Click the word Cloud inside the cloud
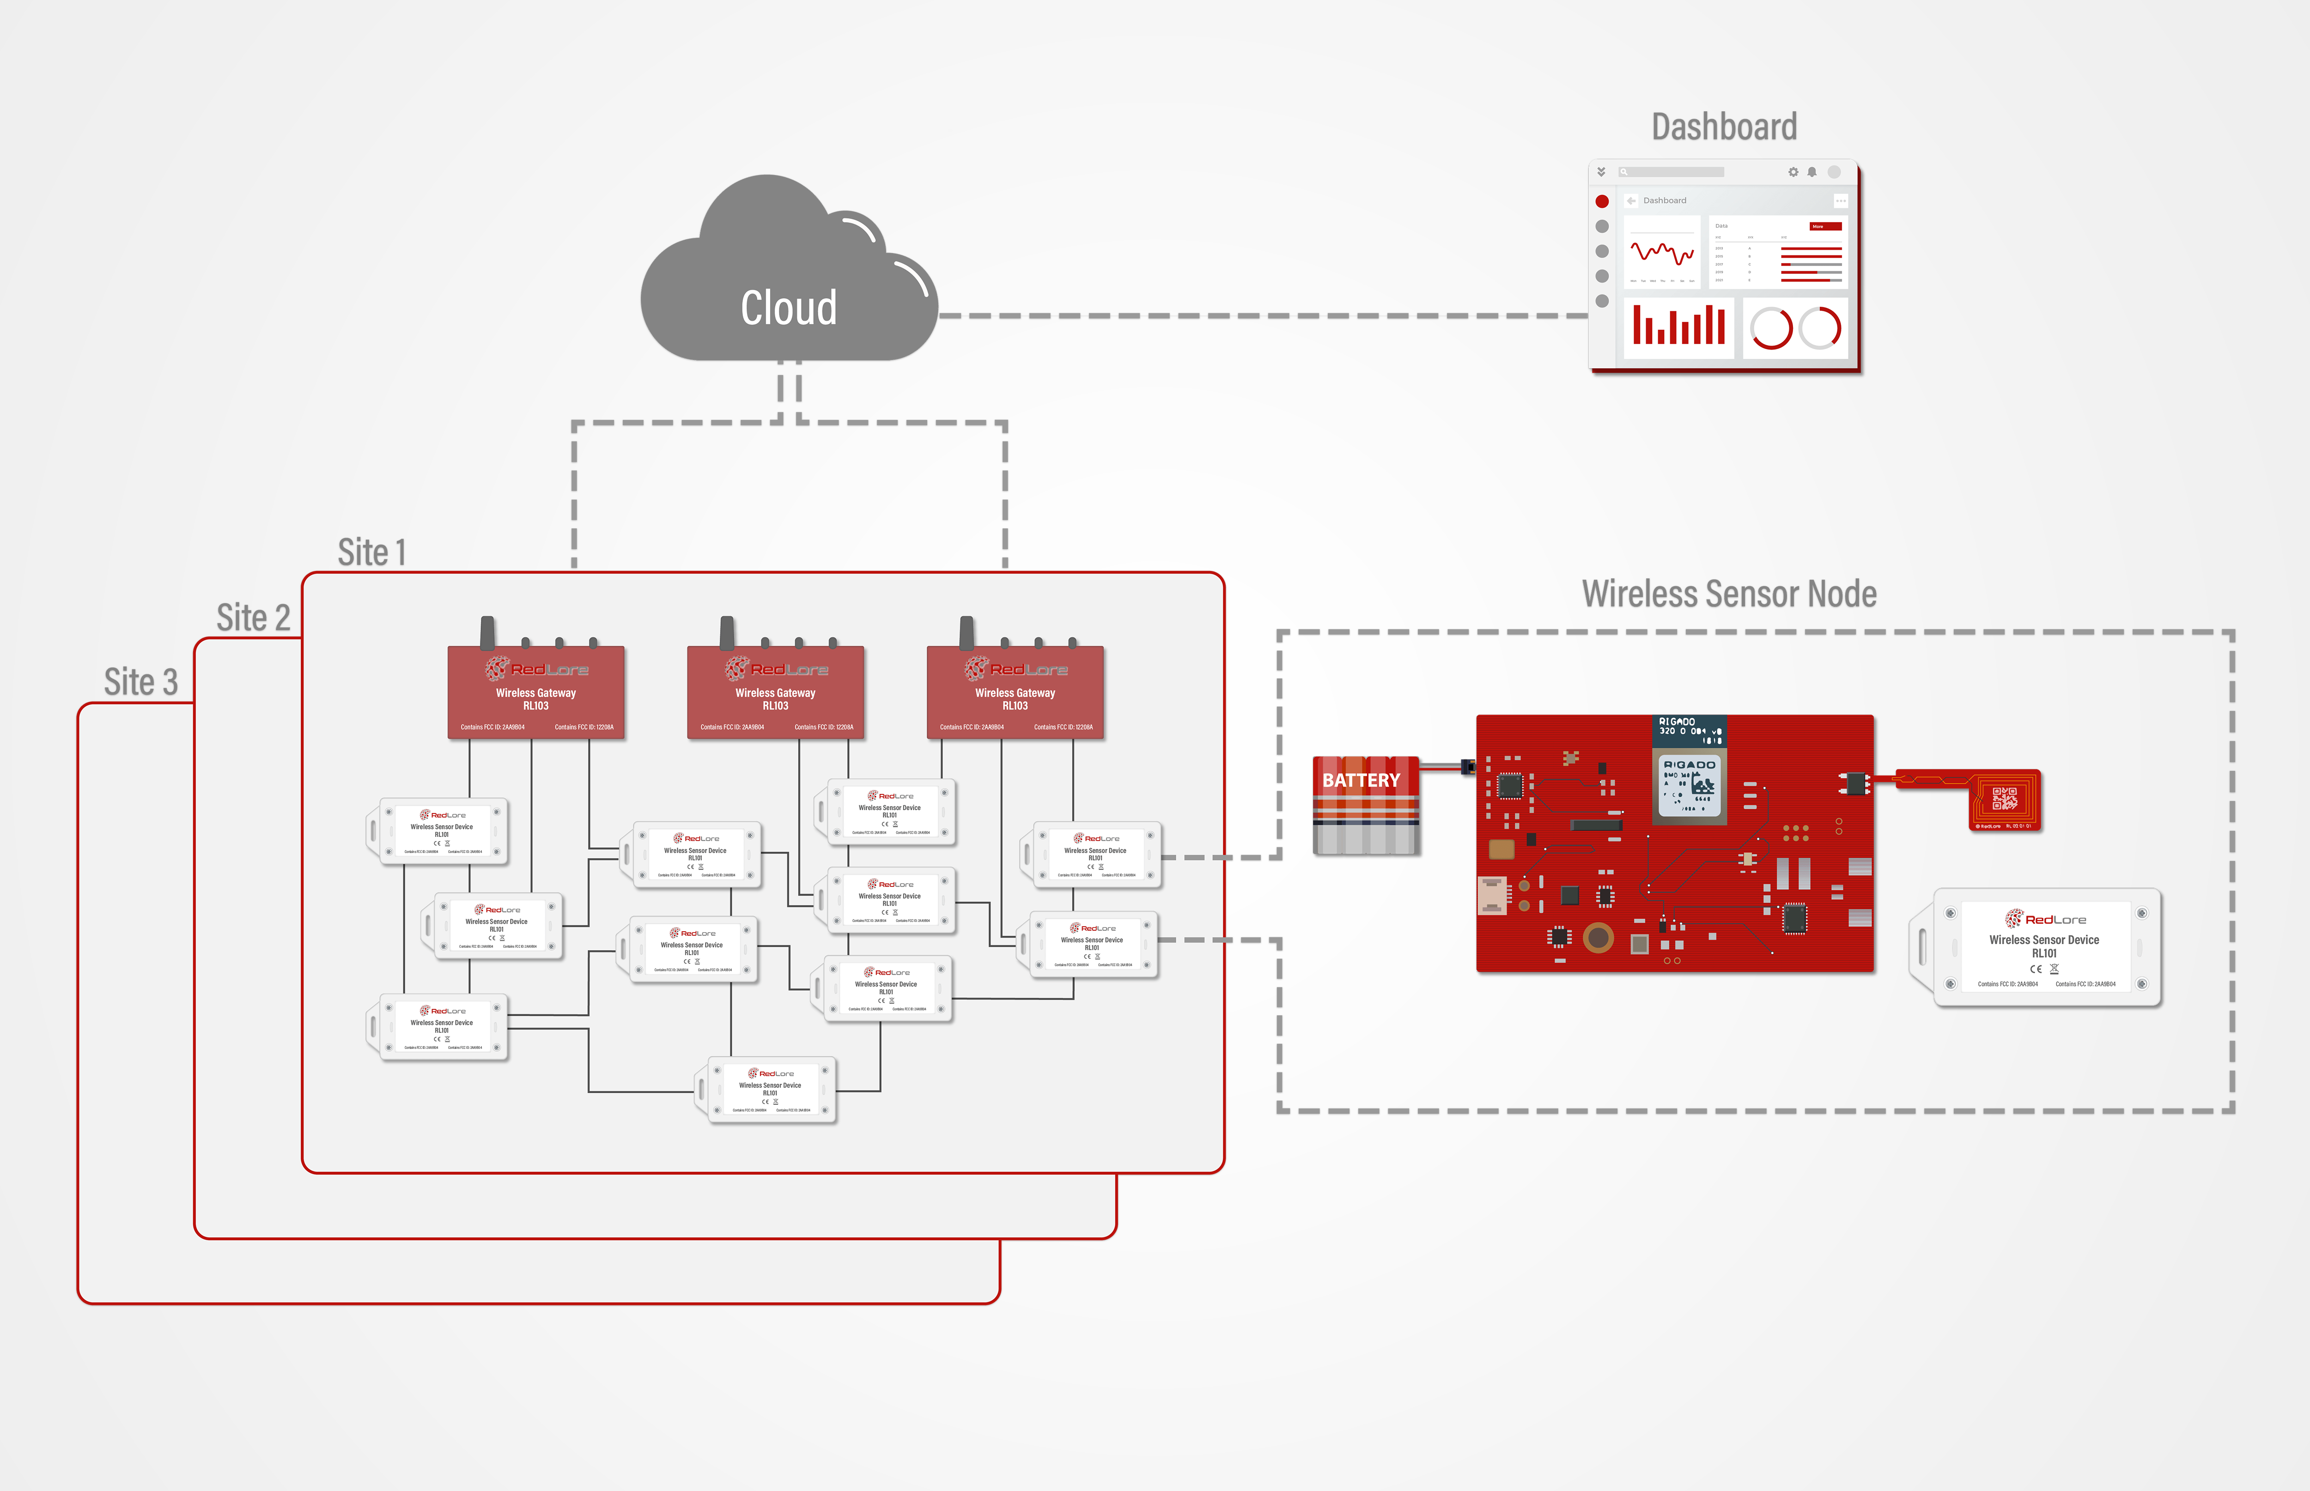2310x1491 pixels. [x=788, y=308]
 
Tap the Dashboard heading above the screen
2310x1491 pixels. [x=1723, y=127]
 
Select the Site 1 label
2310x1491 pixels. [x=372, y=552]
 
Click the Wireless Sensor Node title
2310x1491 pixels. [x=1728, y=594]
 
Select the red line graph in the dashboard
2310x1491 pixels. [x=1661, y=254]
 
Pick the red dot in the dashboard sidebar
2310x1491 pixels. [x=1602, y=201]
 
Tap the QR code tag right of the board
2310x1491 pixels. [x=2004, y=800]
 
